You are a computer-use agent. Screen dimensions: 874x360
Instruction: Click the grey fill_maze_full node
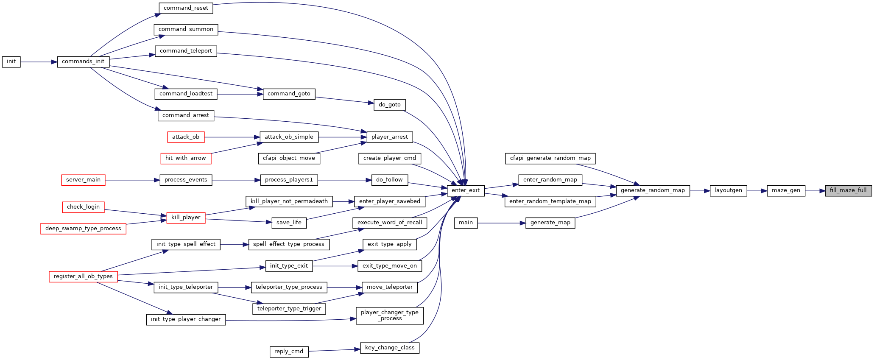coord(848,190)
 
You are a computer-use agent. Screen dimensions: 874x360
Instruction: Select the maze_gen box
coord(786,190)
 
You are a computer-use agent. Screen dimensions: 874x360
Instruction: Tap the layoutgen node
coord(728,190)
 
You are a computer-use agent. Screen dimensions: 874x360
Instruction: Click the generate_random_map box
coord(653,190)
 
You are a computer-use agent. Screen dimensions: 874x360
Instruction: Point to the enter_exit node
coord(466,190)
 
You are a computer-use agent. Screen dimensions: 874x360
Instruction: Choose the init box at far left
coord(11,61)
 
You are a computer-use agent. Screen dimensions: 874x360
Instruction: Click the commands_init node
coord(83,61)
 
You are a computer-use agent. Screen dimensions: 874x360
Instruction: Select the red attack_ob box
coord(186,137)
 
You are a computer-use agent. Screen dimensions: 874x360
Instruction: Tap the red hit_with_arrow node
coord(186,158)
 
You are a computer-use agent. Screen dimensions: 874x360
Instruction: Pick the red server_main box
coord(83,180)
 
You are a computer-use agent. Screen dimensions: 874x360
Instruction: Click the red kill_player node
coord(186,218)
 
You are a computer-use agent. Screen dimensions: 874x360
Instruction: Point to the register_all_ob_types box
coord(83,276)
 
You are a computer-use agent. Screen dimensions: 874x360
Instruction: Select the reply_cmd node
coord(289,352)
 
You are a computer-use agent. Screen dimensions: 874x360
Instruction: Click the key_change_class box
coord(390,348)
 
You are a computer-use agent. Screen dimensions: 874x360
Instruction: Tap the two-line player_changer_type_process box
coord(390,315)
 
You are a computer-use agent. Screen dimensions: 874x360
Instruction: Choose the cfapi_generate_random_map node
coord(550,158)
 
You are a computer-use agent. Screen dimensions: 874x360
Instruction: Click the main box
coord(466,223)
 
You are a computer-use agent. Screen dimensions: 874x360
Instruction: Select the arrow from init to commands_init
coord(39,62)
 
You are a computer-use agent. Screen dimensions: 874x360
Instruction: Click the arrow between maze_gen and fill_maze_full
coord(815,191)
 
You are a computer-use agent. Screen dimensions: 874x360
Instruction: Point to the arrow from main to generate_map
coord(502,223)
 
